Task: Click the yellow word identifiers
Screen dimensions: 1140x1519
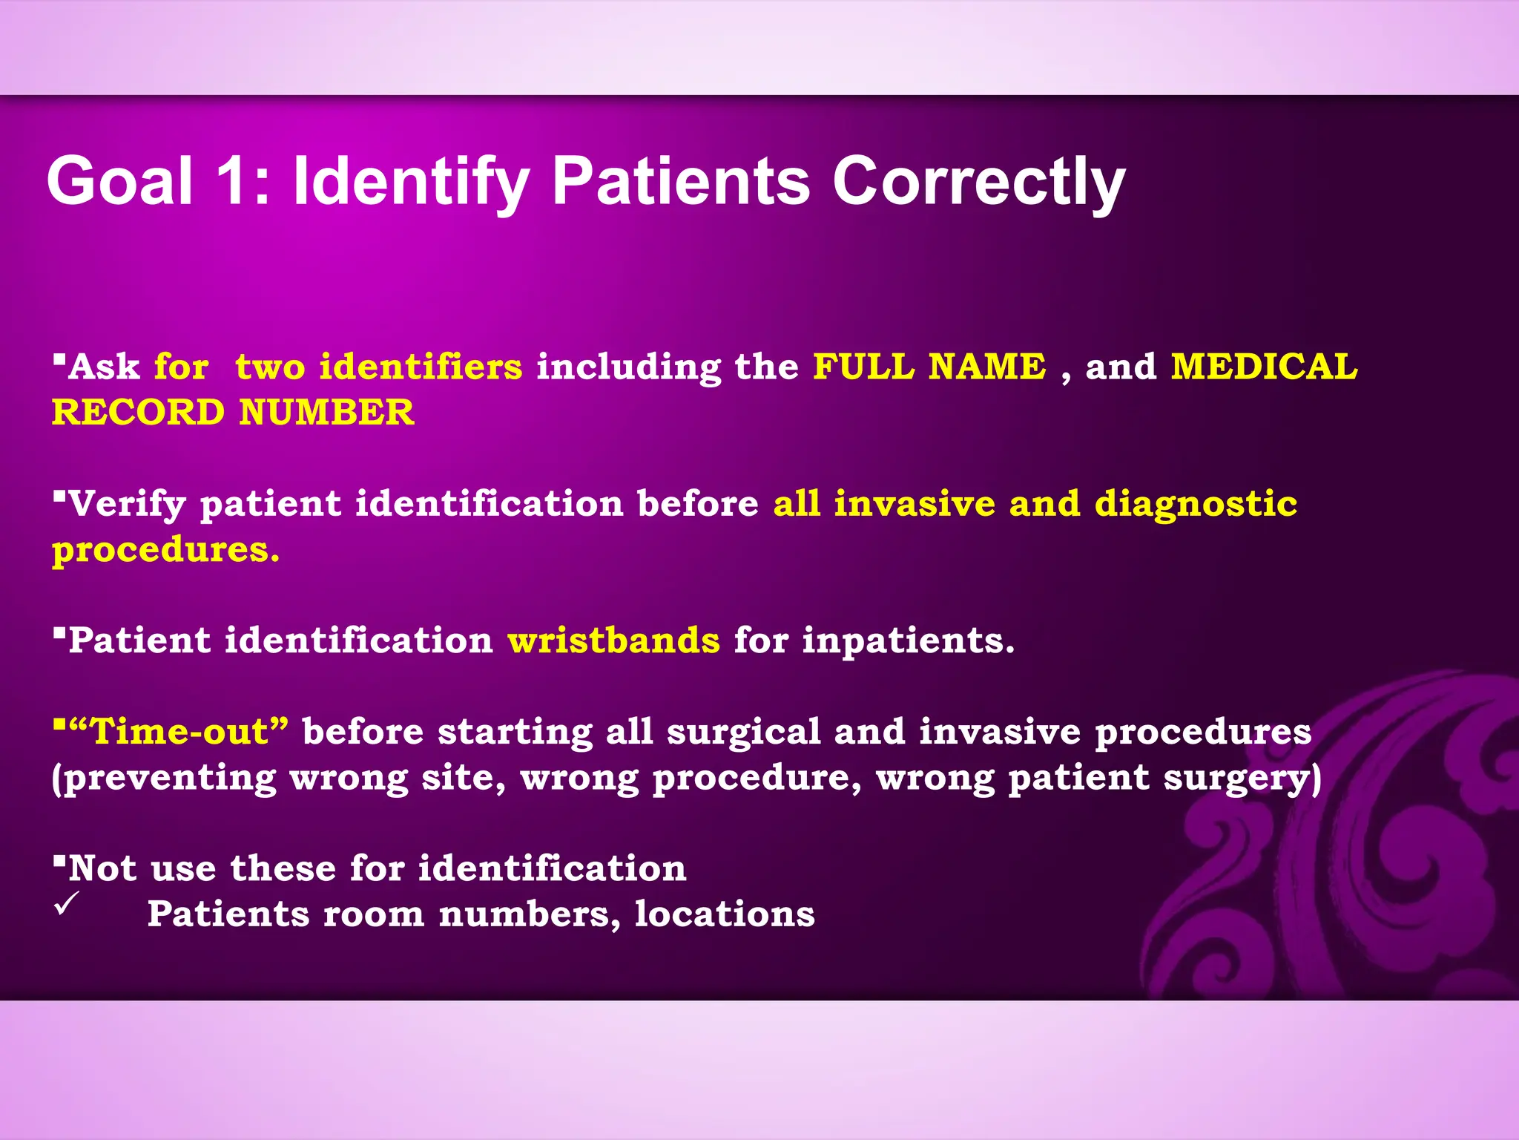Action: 421,367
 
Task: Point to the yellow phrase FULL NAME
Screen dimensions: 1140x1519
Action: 929,367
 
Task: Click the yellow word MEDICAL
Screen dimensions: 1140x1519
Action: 1264,367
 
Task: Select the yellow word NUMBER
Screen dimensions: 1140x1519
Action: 326,413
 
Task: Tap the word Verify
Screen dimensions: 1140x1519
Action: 126,505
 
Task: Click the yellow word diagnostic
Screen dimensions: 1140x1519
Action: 1196,505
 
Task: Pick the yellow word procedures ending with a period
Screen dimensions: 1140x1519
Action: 165,551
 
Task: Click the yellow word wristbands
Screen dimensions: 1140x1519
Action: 613,641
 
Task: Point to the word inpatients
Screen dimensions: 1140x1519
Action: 908,641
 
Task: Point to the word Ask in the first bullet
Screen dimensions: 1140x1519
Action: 104,367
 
